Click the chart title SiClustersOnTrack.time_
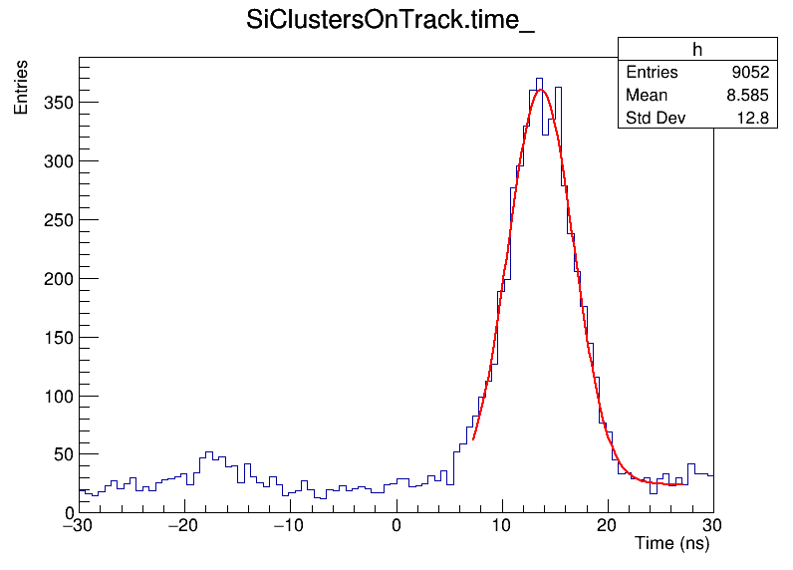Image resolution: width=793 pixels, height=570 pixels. point(391,22)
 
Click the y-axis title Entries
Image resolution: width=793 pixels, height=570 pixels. point(21,87)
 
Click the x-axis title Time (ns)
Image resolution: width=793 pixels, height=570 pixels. point(671,544)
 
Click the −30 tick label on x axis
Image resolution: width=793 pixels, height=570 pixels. point(79,525)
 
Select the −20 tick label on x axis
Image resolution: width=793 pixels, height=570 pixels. point(184,525)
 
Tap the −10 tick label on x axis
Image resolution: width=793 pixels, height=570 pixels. point(290,525)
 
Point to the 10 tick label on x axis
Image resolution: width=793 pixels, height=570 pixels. point(502,525)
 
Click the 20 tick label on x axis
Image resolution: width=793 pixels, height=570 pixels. point(608,525)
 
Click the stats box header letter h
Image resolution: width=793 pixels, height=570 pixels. point(697,51)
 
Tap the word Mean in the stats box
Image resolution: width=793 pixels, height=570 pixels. point(647,96)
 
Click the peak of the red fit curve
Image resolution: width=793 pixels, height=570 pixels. point(540,90)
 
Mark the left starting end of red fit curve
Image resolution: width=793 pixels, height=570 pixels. point(474,437)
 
